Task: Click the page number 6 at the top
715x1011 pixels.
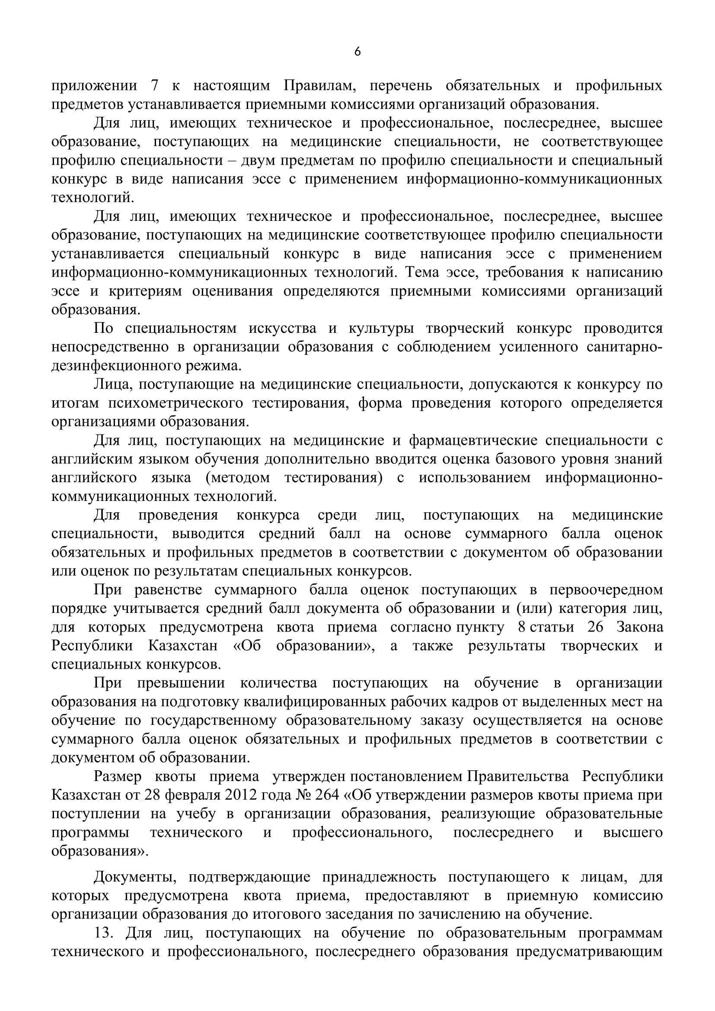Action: point(357,52)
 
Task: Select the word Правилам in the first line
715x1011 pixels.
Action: point(319,86)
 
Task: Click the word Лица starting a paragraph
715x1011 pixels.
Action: point(112,384)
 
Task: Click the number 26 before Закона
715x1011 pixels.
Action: point(595,628)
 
